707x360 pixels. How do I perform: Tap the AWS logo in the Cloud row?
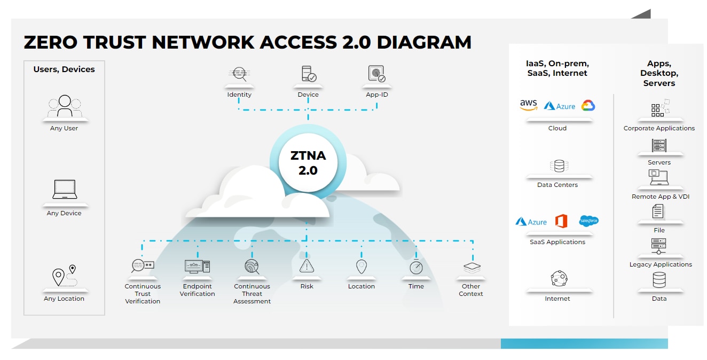528,105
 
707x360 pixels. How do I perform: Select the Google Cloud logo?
588,106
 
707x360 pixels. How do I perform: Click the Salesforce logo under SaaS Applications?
588,221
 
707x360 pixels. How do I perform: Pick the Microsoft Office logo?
561,221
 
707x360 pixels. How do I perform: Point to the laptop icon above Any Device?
65,190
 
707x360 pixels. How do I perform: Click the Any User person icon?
65,106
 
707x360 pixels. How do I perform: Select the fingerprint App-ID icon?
376,74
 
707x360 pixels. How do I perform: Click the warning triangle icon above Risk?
307,266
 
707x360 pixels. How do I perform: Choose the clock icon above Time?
416,267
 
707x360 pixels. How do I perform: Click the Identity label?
239,95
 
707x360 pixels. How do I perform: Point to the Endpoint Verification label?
197,290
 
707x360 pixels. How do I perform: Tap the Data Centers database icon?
558,166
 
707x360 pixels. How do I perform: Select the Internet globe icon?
559,279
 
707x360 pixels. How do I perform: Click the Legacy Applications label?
660,264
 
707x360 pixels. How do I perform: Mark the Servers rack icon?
659,145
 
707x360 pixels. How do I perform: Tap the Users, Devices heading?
64,69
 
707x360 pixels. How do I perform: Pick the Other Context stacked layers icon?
472,267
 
